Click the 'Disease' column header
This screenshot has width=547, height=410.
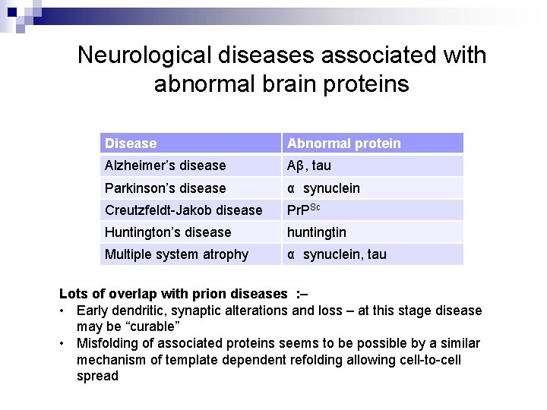click(x=131, y=143)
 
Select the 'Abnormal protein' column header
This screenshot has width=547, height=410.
click(x=343, y=143)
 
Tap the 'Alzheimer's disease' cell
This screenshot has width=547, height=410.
click(x=165, y=166)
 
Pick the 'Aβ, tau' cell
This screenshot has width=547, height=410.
click(x=308, y=166)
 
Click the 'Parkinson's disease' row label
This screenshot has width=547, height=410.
click(x=165, y=188)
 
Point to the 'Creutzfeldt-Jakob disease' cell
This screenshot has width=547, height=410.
click(x=183, y=210)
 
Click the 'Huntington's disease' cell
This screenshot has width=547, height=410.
click(x=168, y=232)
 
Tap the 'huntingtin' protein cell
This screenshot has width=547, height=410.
click(x=316, y=232)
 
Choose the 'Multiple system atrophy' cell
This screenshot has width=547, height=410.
click(x=176, y=254)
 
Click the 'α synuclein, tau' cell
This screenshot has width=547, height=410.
click(x=336, y=254)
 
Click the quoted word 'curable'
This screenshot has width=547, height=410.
click(x=153, y=326)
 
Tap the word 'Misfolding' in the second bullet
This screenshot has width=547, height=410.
click(x=109, y=343)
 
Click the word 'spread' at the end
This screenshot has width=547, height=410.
click(x=97, y=377)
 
